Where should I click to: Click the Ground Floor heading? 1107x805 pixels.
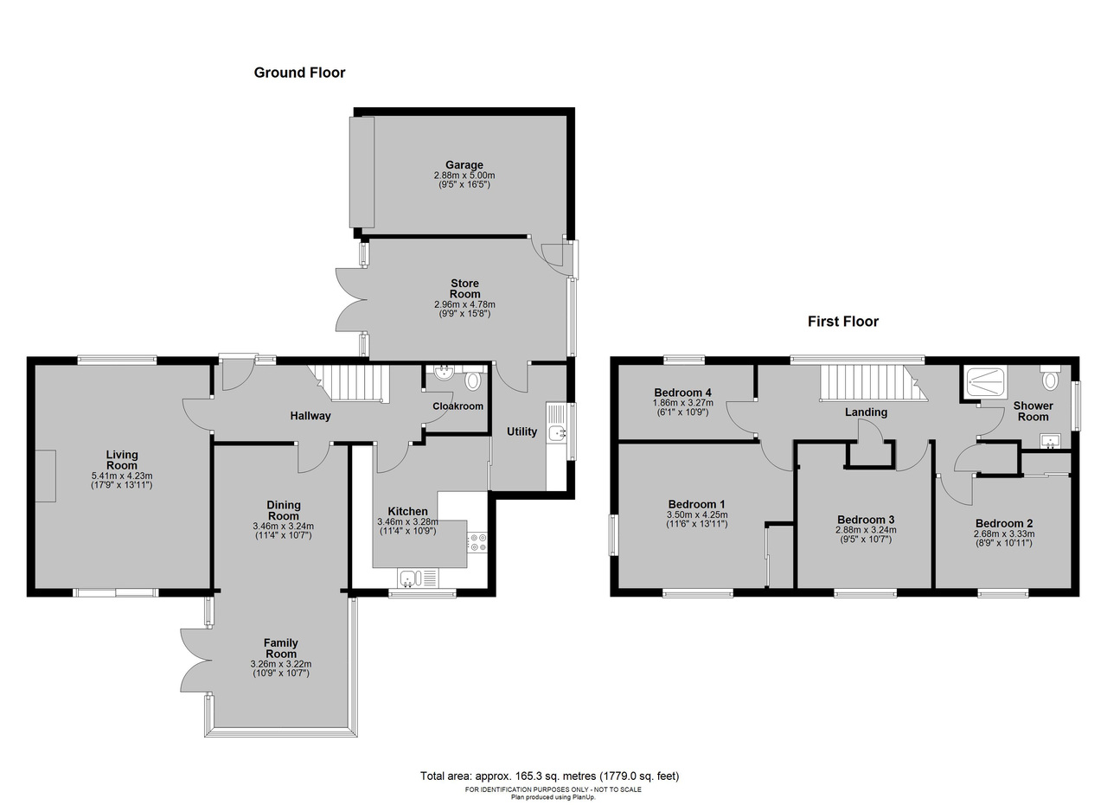(299, 73)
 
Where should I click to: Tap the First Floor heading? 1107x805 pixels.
(843, 322)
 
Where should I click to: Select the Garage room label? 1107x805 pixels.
(464, 165)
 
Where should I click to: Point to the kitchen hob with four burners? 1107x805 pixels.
(477, 541)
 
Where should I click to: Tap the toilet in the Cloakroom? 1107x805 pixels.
(473, 380)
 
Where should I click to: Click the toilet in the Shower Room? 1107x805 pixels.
(1050, 378)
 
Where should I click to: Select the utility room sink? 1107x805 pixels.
(557, 432)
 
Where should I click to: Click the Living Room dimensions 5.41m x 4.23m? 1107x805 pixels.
(122, 476)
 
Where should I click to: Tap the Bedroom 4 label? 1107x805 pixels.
(682, 393)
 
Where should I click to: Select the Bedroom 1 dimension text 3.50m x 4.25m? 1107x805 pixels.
(697, 515)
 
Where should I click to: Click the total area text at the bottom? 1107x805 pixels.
(549, 776)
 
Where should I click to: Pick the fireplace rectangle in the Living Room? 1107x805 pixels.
(45, 476)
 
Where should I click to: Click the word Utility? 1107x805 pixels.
(522, 431)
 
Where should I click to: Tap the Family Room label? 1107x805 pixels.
(281, 648)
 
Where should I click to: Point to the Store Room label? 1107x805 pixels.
(464, 289)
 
